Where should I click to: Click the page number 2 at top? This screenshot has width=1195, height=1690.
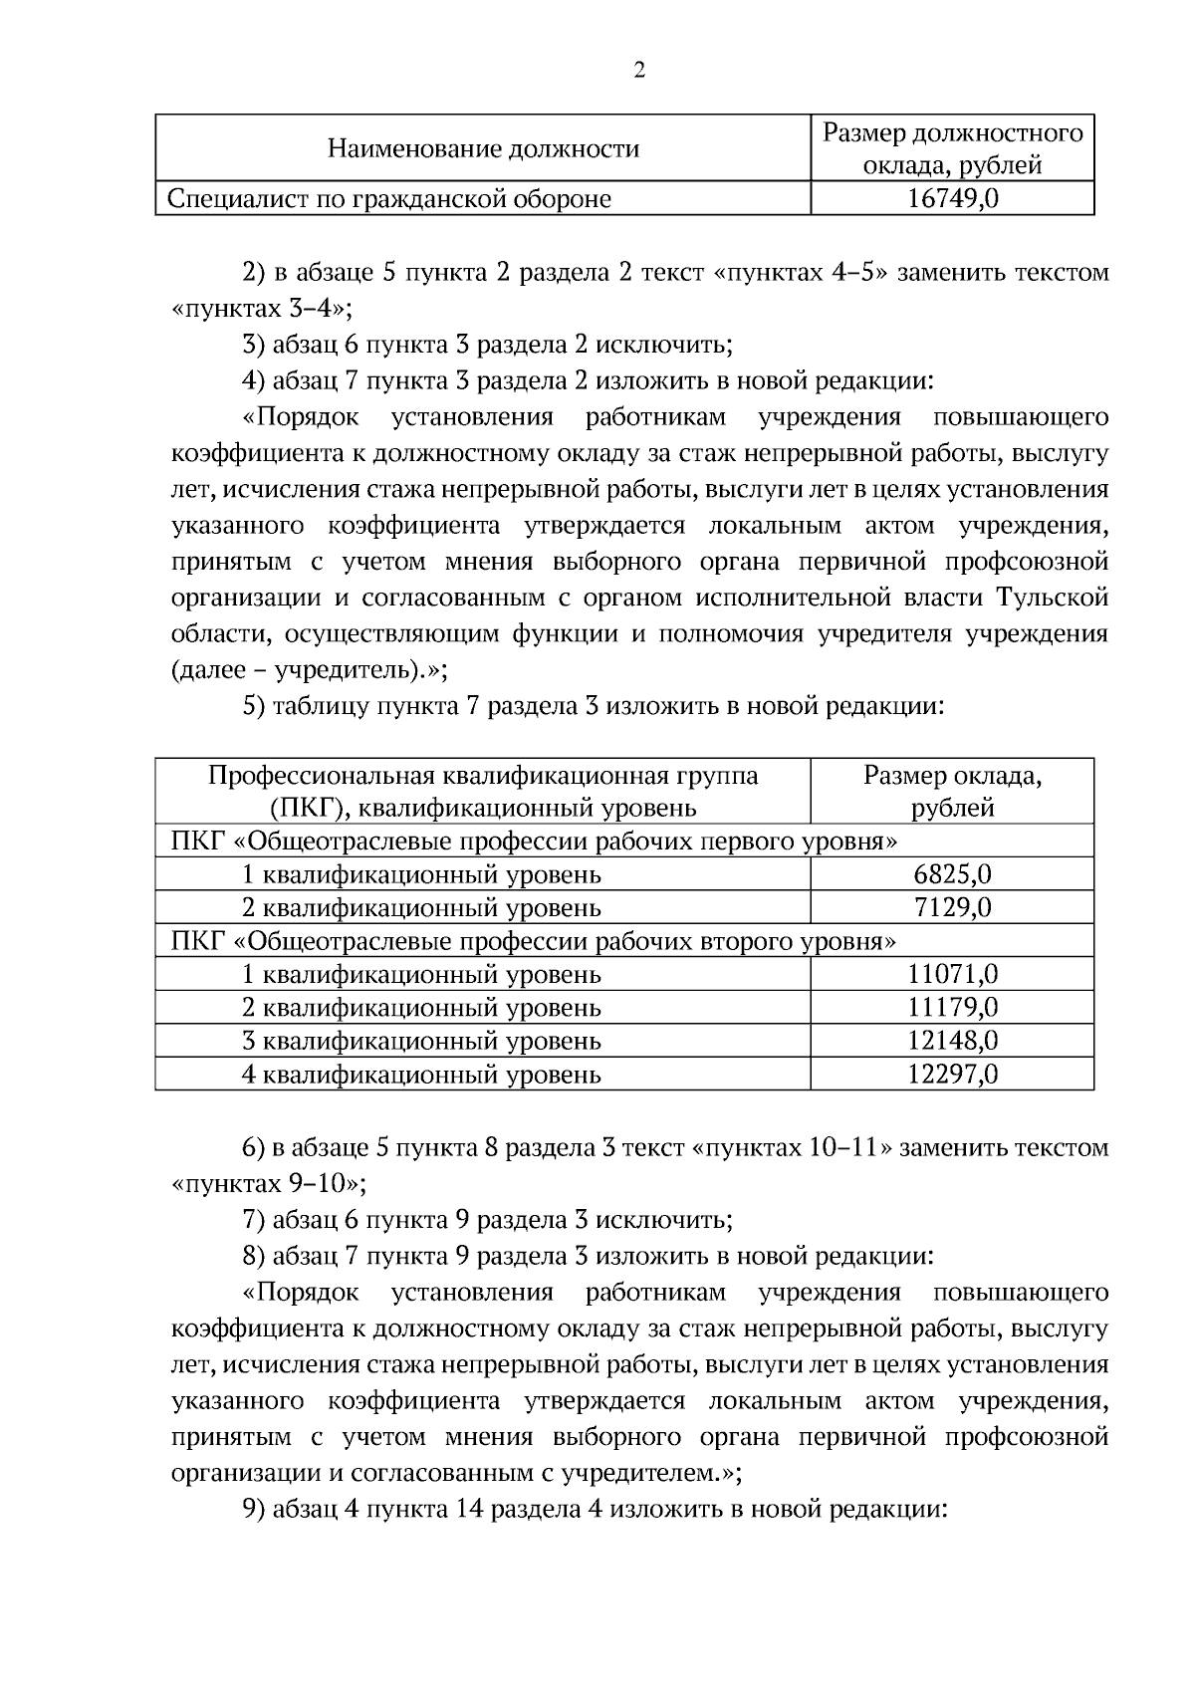coord(638,71)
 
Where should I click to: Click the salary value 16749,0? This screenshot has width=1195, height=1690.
coord(952,199)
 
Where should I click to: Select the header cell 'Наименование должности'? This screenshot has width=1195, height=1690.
coord(483,149)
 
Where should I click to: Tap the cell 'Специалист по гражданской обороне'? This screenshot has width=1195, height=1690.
coord(389,199)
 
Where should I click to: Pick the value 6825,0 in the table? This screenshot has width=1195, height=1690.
coord(952,874)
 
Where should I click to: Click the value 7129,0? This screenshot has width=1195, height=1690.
coord(952,907)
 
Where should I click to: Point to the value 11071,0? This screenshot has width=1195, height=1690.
coord(952,974)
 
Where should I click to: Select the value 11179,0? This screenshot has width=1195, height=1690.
coord(952,1007)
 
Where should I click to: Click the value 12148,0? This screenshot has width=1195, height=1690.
coord(952,1041)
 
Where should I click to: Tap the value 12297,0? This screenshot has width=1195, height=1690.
coord(952,1074)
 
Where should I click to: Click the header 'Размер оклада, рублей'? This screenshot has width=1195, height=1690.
coord(952,791)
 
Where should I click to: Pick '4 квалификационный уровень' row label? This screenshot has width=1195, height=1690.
coord(422,1074)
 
